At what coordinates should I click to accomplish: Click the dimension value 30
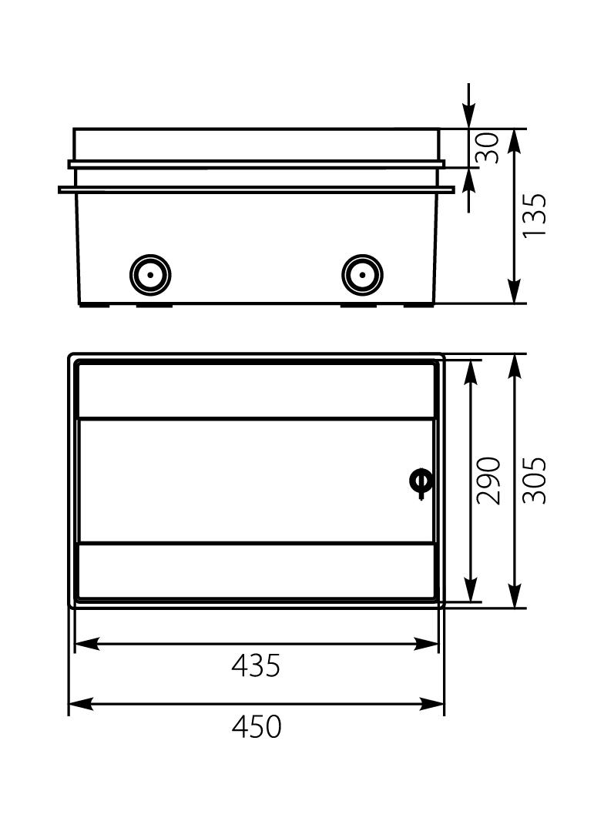pyautogui.click(x=487, y=148)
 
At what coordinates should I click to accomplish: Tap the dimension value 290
pyautogui.click(x=488, y=481)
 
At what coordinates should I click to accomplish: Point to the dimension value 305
pyautogui.click(x=535, y=481)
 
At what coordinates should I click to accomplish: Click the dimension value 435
pyautogui.click(x=257, y=665)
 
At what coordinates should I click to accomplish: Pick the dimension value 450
pyautogui.click(x=257, y=727)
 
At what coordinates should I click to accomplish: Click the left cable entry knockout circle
pyautogui.click(x=150, y=275)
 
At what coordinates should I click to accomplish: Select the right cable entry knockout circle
pyautogui.click(x=362, y=275)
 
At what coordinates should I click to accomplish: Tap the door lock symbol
pyautogui.click(x=421, y=481)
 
